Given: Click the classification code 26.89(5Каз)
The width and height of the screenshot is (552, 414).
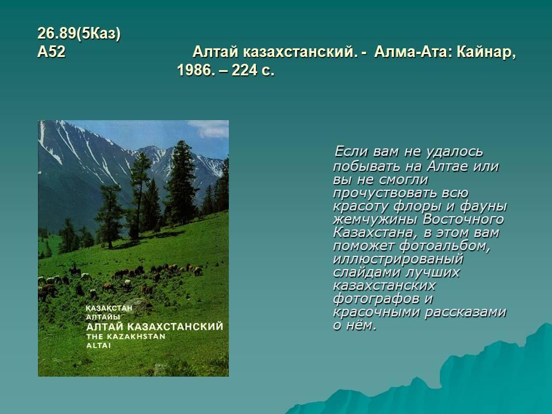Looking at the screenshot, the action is point(79,34).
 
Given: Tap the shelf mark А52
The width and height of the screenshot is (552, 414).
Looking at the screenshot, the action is point(51,52).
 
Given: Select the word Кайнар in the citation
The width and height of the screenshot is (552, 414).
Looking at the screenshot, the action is point(486,52).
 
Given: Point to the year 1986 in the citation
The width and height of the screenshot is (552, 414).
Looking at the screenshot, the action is point(195,70).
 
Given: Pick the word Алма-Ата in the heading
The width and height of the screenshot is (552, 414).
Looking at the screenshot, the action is point(413,52).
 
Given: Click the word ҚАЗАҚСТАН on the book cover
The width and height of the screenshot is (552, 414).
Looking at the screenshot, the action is point(109,308).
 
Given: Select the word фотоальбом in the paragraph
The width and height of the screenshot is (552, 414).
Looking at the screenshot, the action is point(445,246).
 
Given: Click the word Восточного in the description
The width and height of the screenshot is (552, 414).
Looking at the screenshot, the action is point(463,219).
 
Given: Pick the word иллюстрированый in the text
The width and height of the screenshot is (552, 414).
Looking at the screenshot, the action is point(398,259).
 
